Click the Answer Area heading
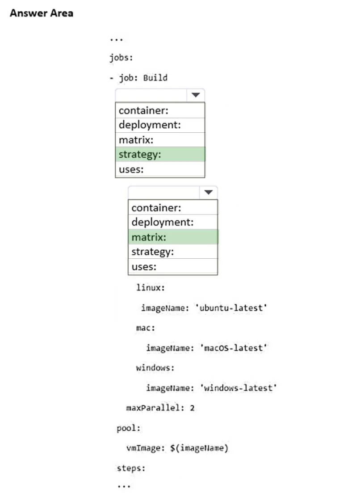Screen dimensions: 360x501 click(42, 13)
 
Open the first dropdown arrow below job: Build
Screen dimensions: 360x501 click(196, 95)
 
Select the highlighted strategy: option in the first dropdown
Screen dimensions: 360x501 click(140, 155)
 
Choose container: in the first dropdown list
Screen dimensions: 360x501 click(143, 110)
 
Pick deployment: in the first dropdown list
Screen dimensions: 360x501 click(150, 125)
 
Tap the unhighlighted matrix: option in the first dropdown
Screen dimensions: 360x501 click(136, 140)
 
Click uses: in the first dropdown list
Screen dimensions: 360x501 click(131, 170)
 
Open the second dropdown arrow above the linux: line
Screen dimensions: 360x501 click(209, 192)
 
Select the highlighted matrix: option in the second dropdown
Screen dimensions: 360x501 click(149, 237)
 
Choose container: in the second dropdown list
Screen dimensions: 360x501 click(156, 208)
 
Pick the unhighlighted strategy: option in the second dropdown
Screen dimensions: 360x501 click(153, 252)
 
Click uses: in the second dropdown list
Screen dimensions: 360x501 click(144, 267)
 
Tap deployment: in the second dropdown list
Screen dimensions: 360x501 click(163, 223)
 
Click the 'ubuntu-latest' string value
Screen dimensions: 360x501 click(231, 308)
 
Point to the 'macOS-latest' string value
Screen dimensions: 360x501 click(234, 348)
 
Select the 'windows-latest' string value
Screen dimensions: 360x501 click(239, 388)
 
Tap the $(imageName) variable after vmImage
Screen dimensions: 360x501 click(199, 448)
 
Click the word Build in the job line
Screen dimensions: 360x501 click(155, 78)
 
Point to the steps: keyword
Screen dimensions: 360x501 click(131, 468)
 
